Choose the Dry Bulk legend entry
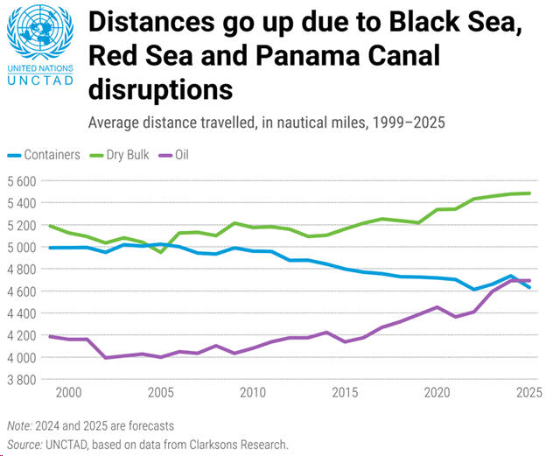click(x=129, y=155)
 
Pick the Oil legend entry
click(x=180, y=155)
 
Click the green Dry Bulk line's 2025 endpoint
click(x=528, y=193)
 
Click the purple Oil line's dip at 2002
click(x=106, y=357)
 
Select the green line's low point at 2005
click(x=161, y=252)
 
